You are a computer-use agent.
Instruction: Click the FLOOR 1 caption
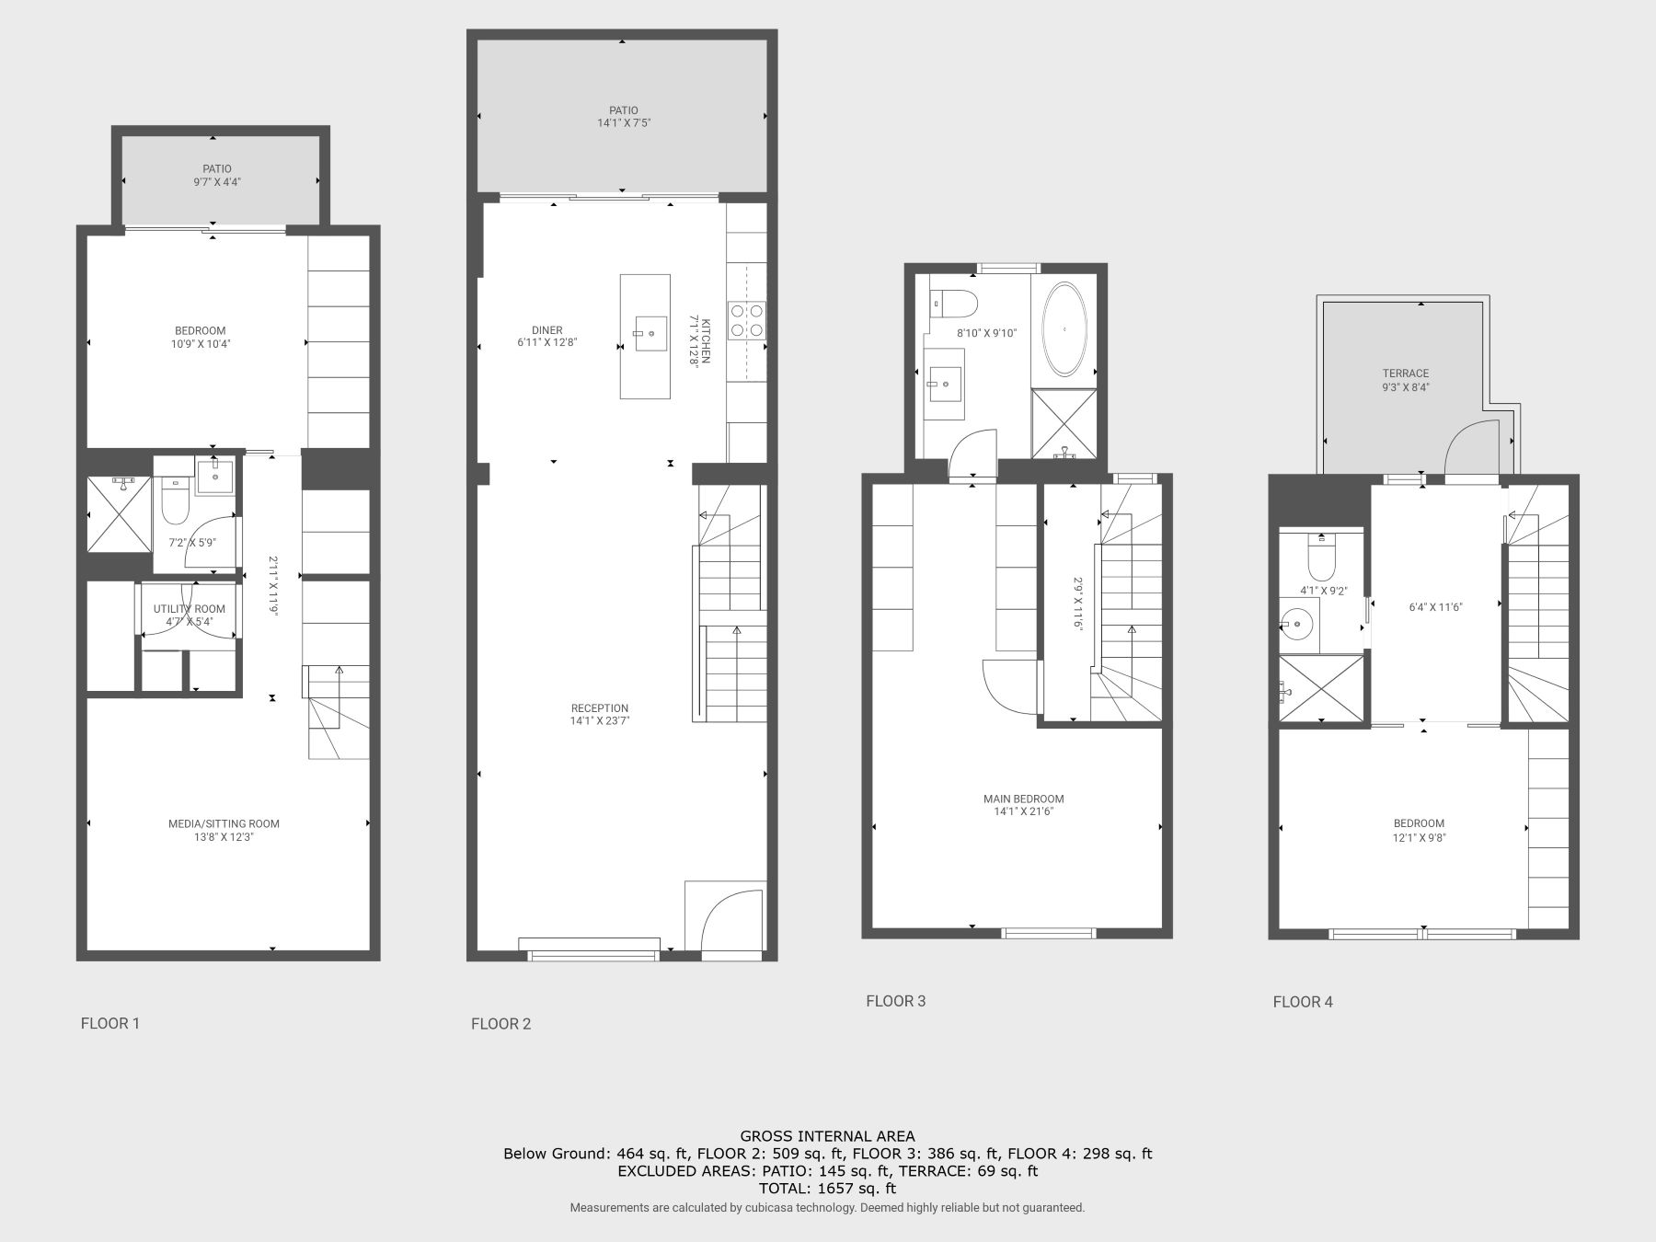point(110,1023)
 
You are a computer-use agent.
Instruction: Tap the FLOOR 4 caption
point(1303,1002)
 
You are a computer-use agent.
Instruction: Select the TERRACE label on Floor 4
point(1405,374)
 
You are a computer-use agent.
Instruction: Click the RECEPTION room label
point(600,708)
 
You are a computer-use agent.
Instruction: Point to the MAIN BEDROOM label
point(1023,799)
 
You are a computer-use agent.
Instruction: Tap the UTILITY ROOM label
point(189,609)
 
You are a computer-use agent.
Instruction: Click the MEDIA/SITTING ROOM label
point(224,823)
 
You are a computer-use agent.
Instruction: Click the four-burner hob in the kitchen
point(747,319)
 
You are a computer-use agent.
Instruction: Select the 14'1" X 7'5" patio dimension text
point(623,122)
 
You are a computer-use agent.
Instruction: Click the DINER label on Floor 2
point(546,330)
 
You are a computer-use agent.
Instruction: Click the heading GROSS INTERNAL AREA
point(827,1136)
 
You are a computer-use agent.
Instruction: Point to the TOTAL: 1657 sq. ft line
point(827,1188)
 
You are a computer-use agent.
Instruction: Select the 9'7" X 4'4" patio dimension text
point(217,182)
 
